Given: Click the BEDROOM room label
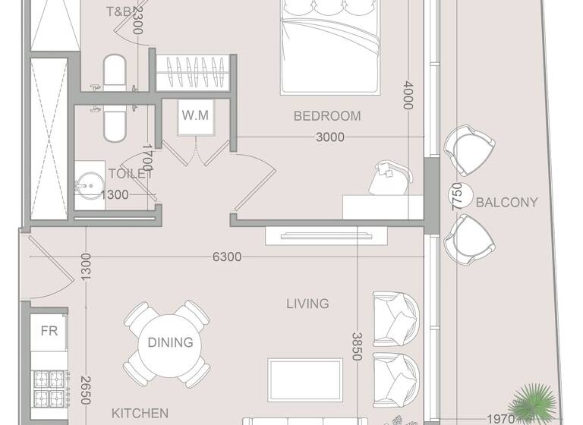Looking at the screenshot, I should click(327, 116).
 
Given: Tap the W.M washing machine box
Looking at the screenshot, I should click(194, 116).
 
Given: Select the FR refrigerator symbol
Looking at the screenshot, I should click(49, 331).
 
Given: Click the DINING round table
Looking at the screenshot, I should click(170, 343).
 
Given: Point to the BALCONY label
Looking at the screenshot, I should click(506, 203).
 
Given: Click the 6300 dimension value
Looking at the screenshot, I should click(226, 257).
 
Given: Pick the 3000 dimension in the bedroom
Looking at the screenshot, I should click(330, 137).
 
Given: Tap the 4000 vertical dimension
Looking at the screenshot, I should click(408, 96).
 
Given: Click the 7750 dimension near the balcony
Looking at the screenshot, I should click(456, 197).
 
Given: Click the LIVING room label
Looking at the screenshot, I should click(307, 304).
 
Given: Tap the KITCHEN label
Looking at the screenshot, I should click(140, 414).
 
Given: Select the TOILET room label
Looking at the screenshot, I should click(131, 174).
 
